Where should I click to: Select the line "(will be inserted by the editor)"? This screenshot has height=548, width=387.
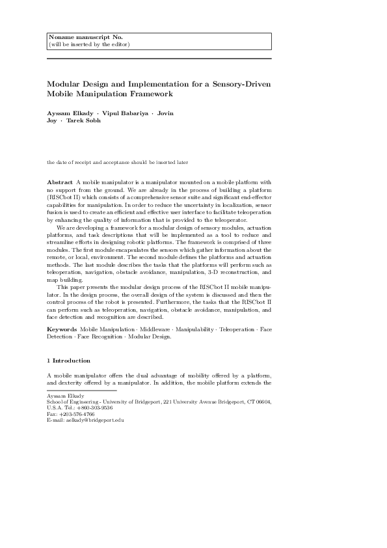[89, 44]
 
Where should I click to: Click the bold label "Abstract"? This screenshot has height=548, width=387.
[60, 181]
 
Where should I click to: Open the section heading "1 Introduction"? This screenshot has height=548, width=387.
[69, 360]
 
